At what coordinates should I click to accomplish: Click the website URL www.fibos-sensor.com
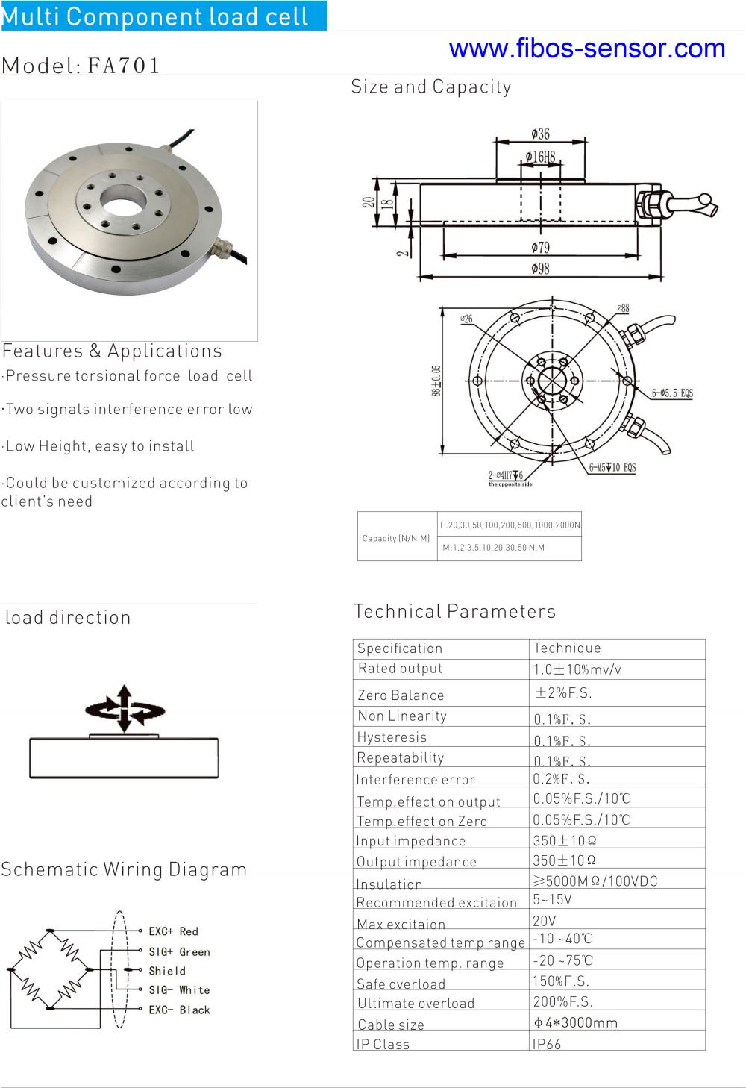click(587, 49)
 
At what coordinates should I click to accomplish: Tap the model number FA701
click(124, 66)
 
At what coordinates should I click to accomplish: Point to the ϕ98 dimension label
click(540, 268)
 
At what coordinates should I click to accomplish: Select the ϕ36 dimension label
click(540, 134)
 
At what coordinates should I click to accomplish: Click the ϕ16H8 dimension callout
click(540, 157)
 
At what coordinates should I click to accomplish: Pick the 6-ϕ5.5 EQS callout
click(672, 393)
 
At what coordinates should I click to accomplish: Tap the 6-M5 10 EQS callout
click(612, 468)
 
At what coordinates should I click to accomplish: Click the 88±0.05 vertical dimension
click(436, 381)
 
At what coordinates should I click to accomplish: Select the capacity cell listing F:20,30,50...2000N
click(510, 525)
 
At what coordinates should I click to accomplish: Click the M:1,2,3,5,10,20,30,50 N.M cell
click(494, 548)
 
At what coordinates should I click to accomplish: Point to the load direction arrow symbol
click(124, 708)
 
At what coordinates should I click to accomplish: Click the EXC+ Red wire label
click(173, 931)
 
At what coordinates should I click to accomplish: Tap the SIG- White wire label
click(179, 990)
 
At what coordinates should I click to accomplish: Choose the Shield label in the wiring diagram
click(167, 971)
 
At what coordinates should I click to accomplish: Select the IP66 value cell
click(547, 1044)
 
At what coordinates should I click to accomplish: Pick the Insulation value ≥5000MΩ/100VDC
click(595, 881)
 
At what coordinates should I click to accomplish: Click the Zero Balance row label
click(401, 695)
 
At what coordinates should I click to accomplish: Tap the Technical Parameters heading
click(454, 611)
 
